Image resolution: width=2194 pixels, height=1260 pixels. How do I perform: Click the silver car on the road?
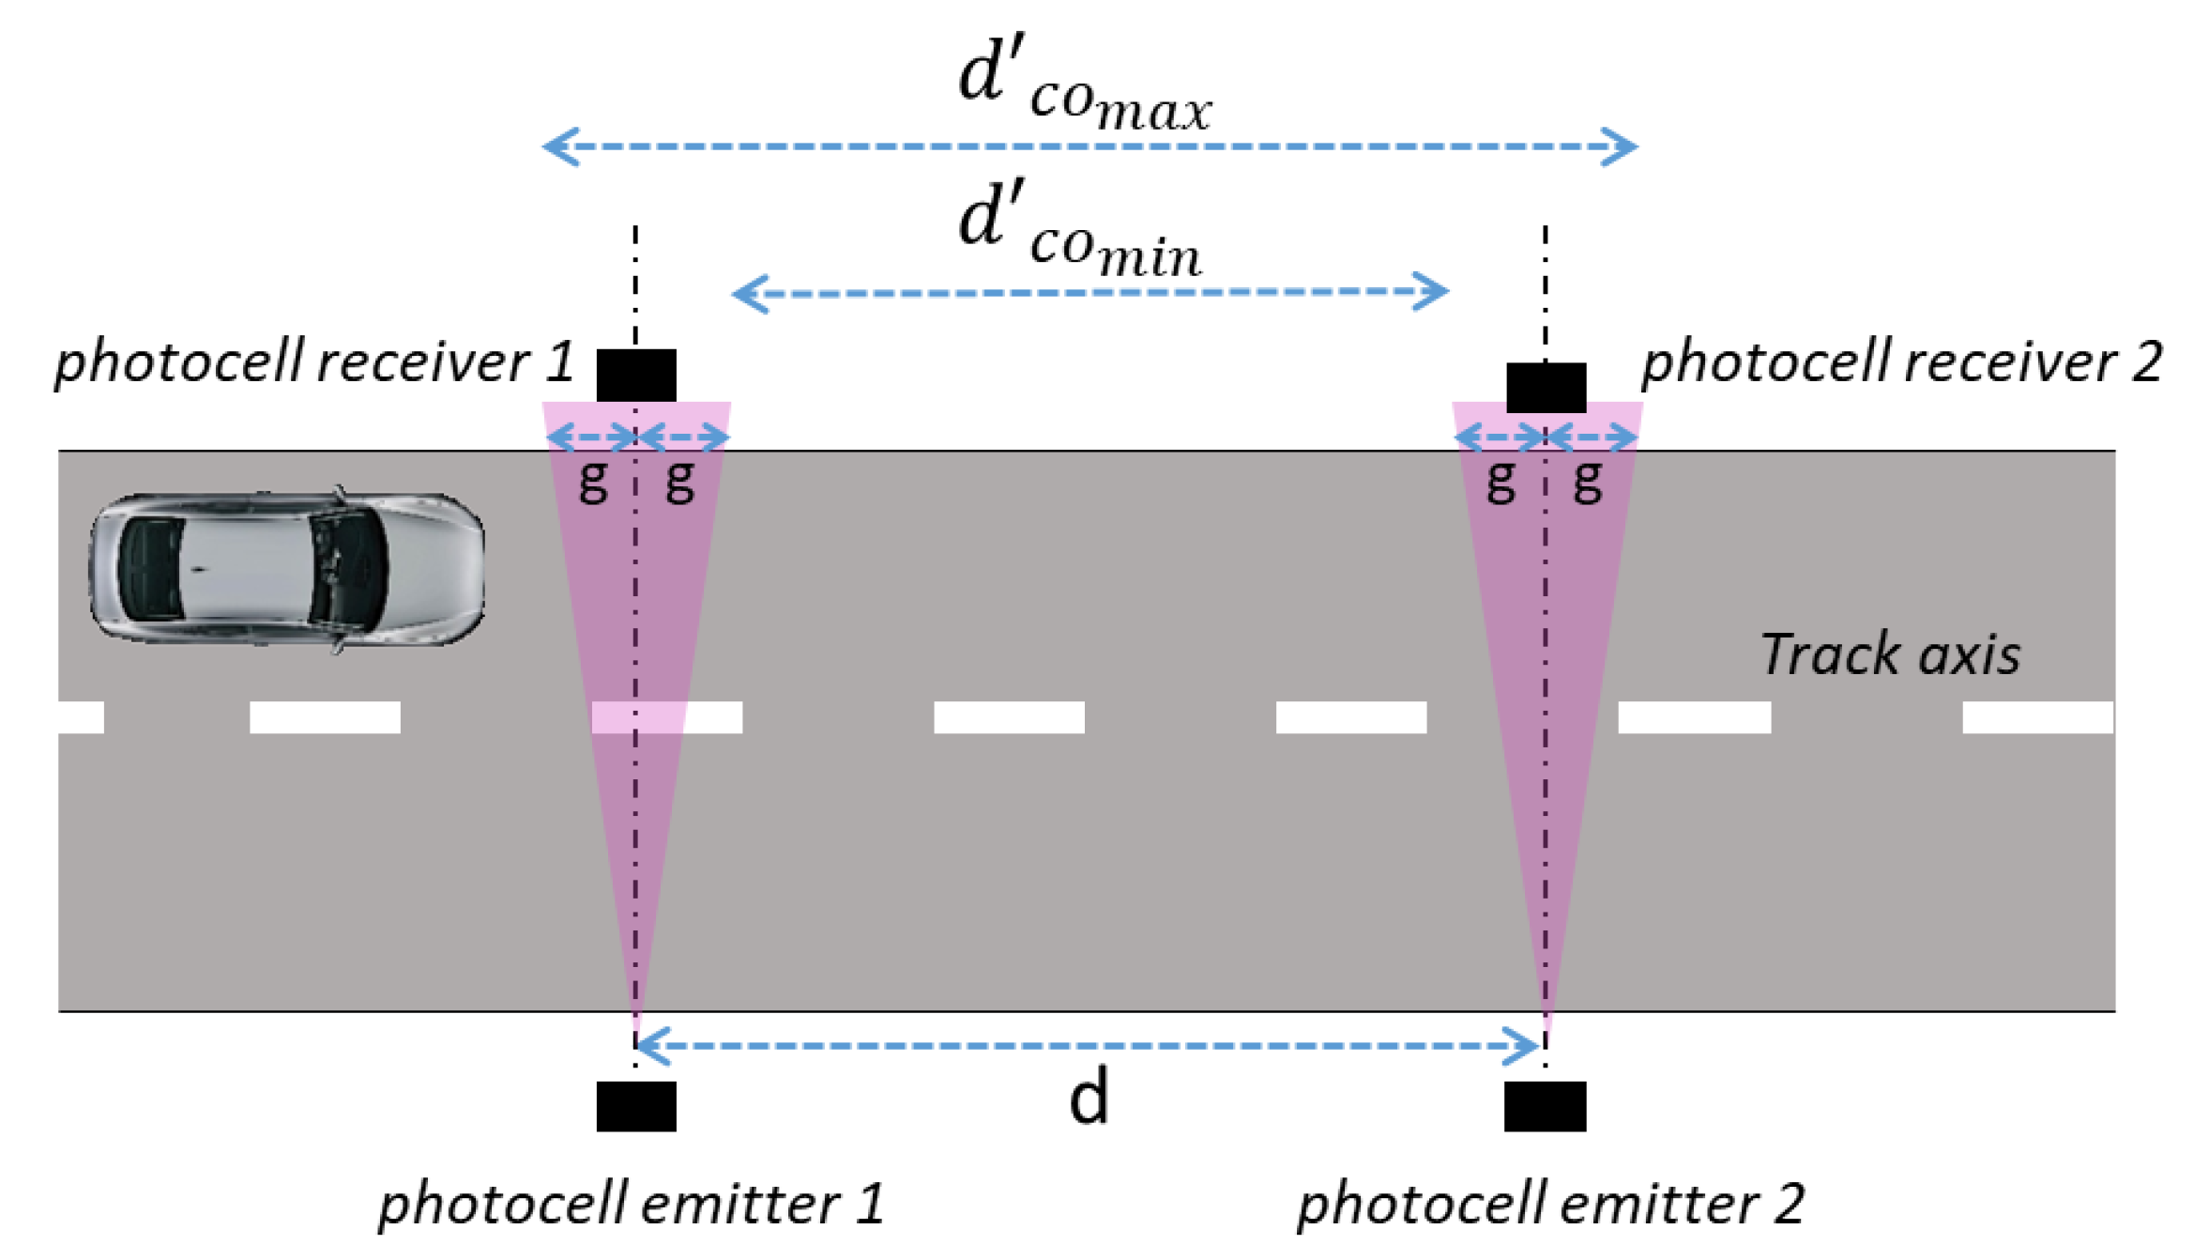click(x=287, y=569)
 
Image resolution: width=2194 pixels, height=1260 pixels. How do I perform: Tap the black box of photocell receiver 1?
click(x=636, y=375)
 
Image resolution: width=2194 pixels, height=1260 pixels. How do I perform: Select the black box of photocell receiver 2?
click(x=1546, y=387)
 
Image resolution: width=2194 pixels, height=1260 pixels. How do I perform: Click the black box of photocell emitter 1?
click(x=636, y=1106)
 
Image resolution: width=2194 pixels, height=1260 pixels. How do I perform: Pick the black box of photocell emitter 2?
click(x=1545, y=1106)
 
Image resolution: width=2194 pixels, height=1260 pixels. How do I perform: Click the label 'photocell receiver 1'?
click(x=314, y=362)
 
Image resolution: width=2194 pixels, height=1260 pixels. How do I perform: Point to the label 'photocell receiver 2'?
click(x=1901, y=362)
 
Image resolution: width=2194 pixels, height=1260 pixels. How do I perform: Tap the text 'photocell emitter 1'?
click(x=631, y=1204)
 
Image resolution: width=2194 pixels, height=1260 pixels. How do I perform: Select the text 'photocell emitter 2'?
click(x=1550, y=1204)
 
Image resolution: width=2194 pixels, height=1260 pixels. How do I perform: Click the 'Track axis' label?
click(x=1890, y=654)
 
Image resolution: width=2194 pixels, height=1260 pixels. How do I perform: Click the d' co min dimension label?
click(x=1079, y=231)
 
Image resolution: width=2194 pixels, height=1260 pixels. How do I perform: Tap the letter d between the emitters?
click(x=1089, y=1097)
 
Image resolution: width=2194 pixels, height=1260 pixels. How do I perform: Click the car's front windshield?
click(x=352, y=569)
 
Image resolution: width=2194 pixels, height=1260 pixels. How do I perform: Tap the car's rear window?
click(x=150, y=569)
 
